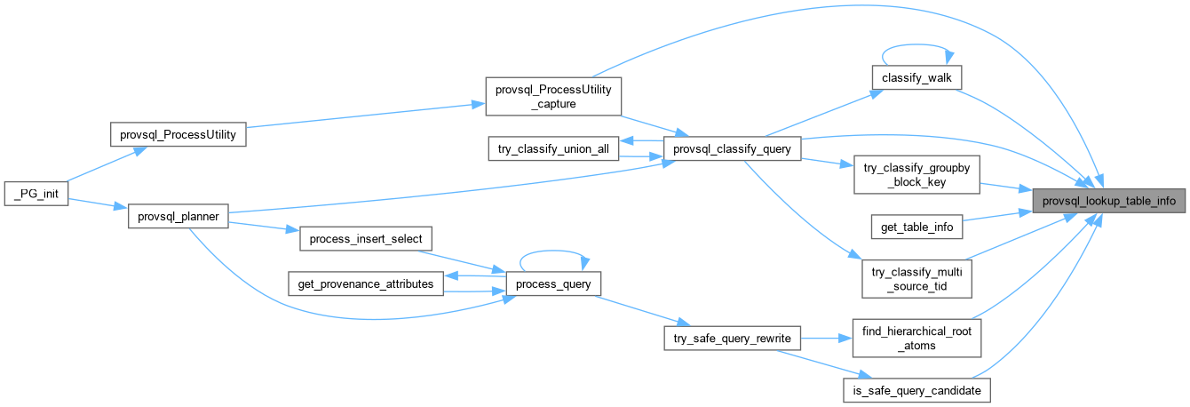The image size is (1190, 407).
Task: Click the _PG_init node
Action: pos(36,194)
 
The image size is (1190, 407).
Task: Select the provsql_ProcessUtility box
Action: pos(178,134)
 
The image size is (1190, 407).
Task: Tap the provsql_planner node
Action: pos(178,216)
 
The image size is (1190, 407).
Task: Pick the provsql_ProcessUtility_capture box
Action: pos(553,96)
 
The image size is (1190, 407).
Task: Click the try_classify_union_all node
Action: pos(553,148)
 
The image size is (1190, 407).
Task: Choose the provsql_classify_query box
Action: pos(732,148)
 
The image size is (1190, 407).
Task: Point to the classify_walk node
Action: pos(916,77)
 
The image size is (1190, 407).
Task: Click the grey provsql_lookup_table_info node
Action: pos(1108,201)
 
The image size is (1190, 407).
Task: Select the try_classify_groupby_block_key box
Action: pos(916,175)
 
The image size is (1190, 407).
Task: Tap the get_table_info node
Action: pos(916,227)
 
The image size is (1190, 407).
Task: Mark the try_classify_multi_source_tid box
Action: pos(916,279)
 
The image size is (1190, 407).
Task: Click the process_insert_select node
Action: pos(366,238)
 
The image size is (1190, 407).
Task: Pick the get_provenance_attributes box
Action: pos(366,283)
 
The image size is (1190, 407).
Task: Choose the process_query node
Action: pos(553,283)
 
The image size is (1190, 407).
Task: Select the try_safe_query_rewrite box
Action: pos(732,338)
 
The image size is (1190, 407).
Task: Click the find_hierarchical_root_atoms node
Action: pos(916,338)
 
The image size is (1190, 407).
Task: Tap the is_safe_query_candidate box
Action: pos(916,390)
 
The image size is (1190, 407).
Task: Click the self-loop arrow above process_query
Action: pos(553,251)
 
